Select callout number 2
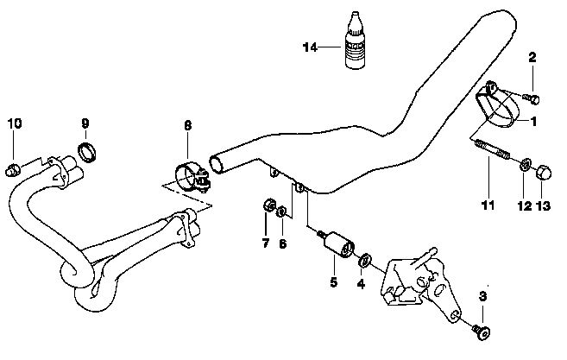click(x=532, y=58)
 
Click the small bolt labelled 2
click(x=533, y=96)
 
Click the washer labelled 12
click(x=524, y=164)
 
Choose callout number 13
click(x=544, y=207)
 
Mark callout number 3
click(x=482, y=297)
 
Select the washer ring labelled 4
click(x=366, y=258)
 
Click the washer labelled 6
click(x=283, y=212)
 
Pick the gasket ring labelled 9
click(x=87, y=155)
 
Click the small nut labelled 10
click(x=13, y=166)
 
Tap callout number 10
click(x=13, y=123)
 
